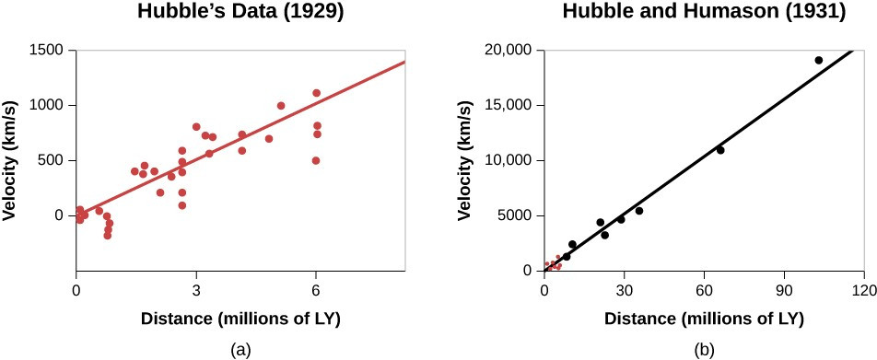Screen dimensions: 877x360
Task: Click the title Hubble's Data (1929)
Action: (x=240, y=12)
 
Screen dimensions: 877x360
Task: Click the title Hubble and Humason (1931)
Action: (x=703, y=12)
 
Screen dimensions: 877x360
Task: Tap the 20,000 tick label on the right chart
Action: (x=511, y=51)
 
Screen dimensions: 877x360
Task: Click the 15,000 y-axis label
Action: (x=511, y=106)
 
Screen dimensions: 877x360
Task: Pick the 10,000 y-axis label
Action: (x=511, y=161)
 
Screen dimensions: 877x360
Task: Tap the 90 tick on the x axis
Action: (x=785, y=291)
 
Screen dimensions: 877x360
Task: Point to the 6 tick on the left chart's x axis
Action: (x=316, y=291)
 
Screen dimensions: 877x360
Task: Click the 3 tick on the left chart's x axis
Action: (x=196, y=291)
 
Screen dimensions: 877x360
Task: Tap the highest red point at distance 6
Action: (x=316, y=93)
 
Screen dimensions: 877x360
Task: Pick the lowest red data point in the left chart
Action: (x=107, y=236)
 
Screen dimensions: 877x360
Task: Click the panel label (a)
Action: (x=240, y=350)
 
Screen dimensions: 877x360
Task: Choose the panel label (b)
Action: (x=704, y=350)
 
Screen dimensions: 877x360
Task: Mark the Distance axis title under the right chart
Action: (x=704, y=319)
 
